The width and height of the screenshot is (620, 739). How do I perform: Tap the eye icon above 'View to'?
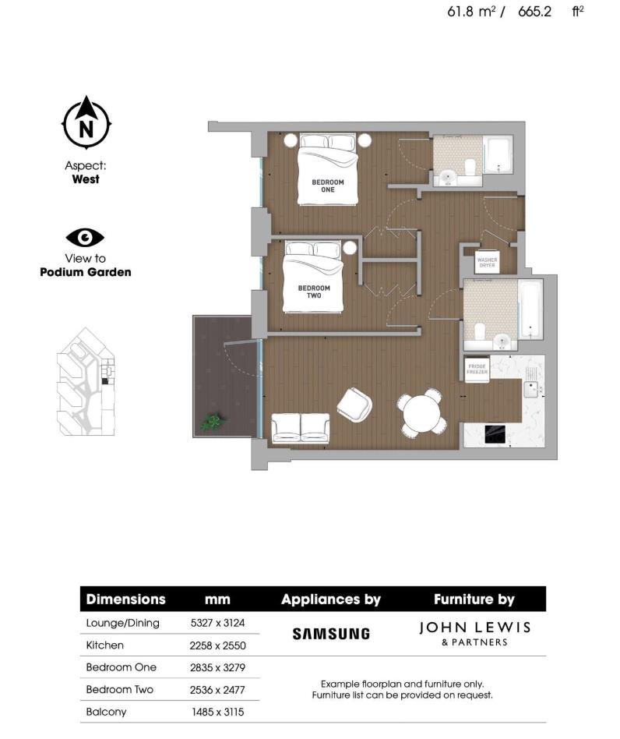pos(85,238)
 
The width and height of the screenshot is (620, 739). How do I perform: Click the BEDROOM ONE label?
pos(328,186)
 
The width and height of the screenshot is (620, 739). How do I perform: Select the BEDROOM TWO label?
pos(314,292)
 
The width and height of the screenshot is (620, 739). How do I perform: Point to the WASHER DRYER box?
pos(487,261)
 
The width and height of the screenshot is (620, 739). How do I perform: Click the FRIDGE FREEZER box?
pos(476,369)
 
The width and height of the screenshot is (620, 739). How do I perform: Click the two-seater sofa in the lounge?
pos(300,426)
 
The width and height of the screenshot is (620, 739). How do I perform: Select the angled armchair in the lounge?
pos(354,403)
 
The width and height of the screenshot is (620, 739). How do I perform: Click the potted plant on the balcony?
pos(210,423)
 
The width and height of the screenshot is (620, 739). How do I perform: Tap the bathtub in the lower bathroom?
pos(531,311)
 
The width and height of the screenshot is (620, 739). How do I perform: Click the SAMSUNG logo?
pos(331,634)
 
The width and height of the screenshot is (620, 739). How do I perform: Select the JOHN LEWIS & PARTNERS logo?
pos(474,633)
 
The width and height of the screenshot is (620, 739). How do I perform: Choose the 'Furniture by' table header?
pos(474,599)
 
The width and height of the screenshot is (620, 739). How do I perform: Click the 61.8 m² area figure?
pos(472,12)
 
